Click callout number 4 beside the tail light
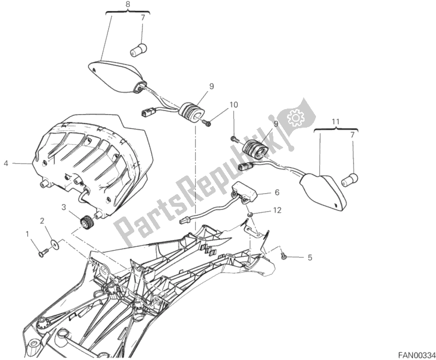pyautogui.click(x=6, y=163)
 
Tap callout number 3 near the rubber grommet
pyautogui.click(x=64, y=207)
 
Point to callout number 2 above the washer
pyautogui.click(x=41, y=220)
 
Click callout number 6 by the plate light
pyautogui.click(x=277, y=192)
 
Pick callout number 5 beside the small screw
pyautogui.click(x=310, y=257)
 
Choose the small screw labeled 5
pyautogui.click(x=284, y=255)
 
